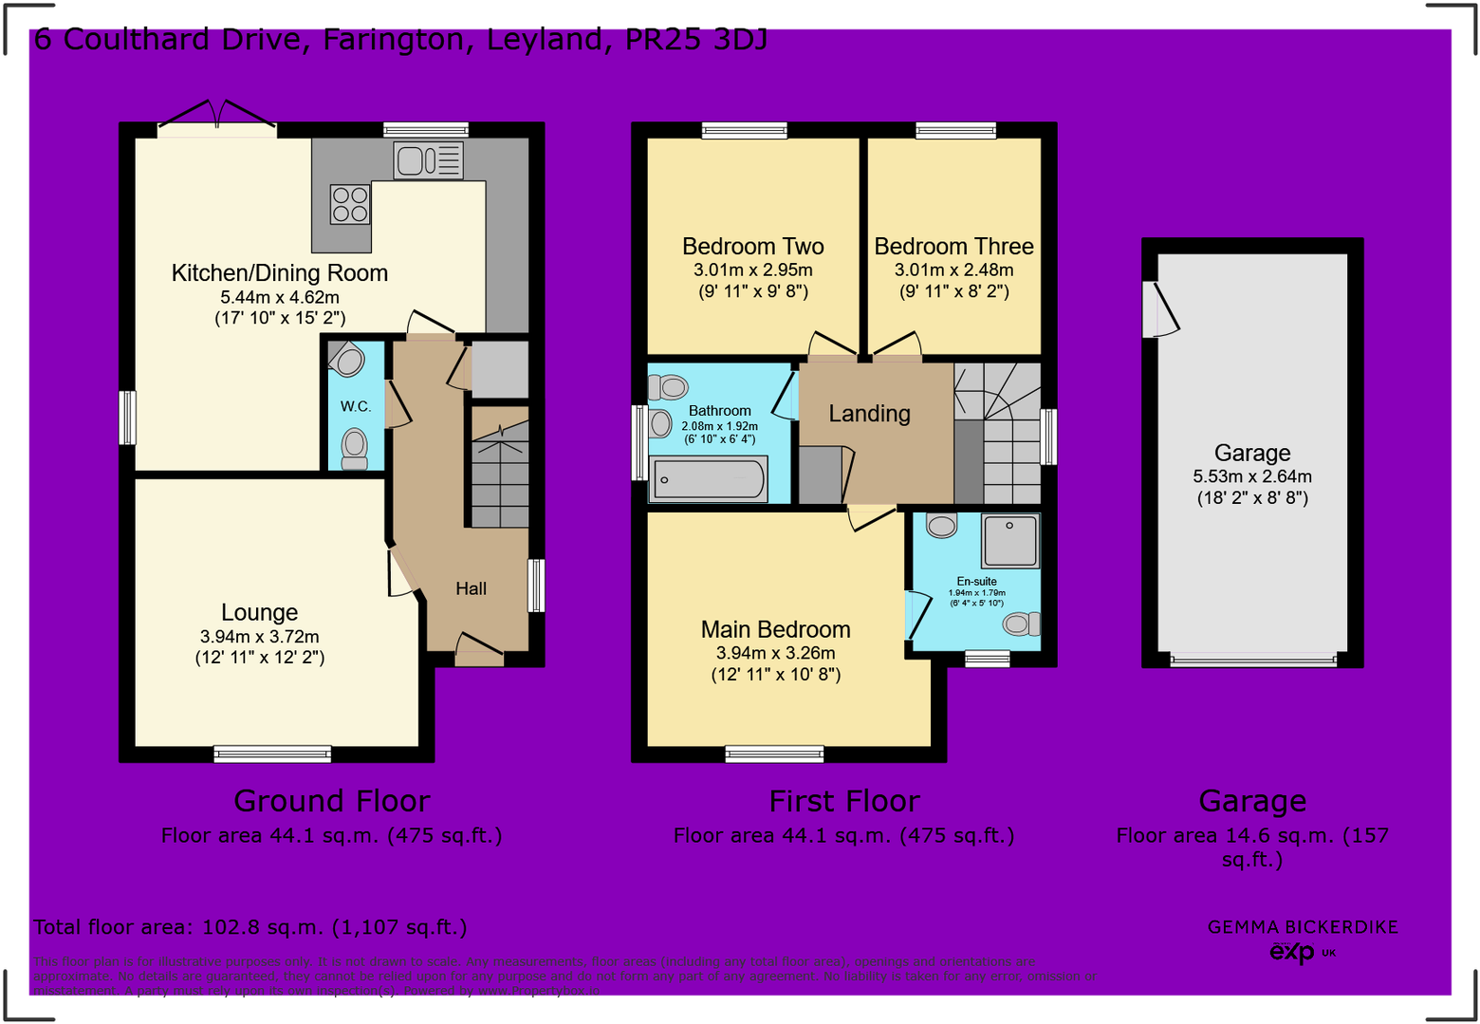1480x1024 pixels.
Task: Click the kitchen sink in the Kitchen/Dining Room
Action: click(x=428, y=160)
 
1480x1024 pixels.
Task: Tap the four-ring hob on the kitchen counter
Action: click(x=349, y=204)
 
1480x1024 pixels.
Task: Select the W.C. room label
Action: click(x=356, y=407)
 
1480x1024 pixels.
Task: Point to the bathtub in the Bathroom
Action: click(x=709, y=479)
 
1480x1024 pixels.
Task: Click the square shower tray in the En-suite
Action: click(x=1010, y=539)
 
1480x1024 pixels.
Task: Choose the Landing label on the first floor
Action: click(x=869, y=414)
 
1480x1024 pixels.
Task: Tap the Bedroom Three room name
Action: click(x=953, y=247)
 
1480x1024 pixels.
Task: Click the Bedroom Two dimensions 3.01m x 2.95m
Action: click(x=752, y=270)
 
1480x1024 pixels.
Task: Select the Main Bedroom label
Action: click(x=775, y=630)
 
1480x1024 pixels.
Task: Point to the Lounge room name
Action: click(x=259, y=613)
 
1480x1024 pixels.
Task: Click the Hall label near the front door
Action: click(x=471, y=589)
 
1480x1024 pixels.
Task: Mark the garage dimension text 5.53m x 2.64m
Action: click(x=1252, y=477)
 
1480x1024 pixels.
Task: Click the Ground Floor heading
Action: click(x=331, y=802)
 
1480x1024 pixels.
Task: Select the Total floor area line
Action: click(x=250, y=927)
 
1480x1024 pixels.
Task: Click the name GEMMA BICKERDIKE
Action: click(x=1302, y=927)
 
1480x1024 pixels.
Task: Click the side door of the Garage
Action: click(x=1159, y=309)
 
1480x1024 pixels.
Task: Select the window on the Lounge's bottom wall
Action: click(x=272, y=754)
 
